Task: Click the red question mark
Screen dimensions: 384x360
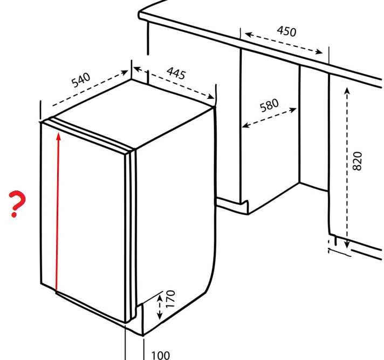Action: (x=17, y=203)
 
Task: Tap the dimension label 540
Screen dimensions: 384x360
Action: (x=81, y=80)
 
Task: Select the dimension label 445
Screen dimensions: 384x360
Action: (x=176, y=72)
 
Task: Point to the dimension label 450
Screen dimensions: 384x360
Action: (x=286, y=31)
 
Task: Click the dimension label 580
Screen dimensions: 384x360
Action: (x=269, y=105)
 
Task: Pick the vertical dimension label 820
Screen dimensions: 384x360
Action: (x=358, y=161)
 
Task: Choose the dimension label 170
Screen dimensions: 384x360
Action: (x=170, y=299)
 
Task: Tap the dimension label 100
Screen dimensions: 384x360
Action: (x=160, y=355)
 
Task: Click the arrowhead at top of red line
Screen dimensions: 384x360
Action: (x=58, y=136)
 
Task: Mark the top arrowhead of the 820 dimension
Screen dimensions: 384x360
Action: (x=347, y=91)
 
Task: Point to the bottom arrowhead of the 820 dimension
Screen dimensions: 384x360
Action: (x=347, y=244)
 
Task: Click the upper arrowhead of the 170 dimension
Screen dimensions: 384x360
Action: (x=160, y=298)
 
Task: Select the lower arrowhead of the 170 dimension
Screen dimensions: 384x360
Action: (x=160, y=316)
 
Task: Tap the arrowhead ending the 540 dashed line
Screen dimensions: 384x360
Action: (x=125, y=72)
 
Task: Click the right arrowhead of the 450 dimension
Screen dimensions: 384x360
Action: (x=319, y=51)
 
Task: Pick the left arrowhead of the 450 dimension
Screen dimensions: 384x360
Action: (x=248, y=35)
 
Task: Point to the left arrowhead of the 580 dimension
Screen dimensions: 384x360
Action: (x=245, y=126)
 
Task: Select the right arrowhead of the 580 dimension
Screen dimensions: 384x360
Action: (x=293, y=110)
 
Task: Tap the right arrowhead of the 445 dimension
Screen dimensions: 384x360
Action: (x=211, y=97)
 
